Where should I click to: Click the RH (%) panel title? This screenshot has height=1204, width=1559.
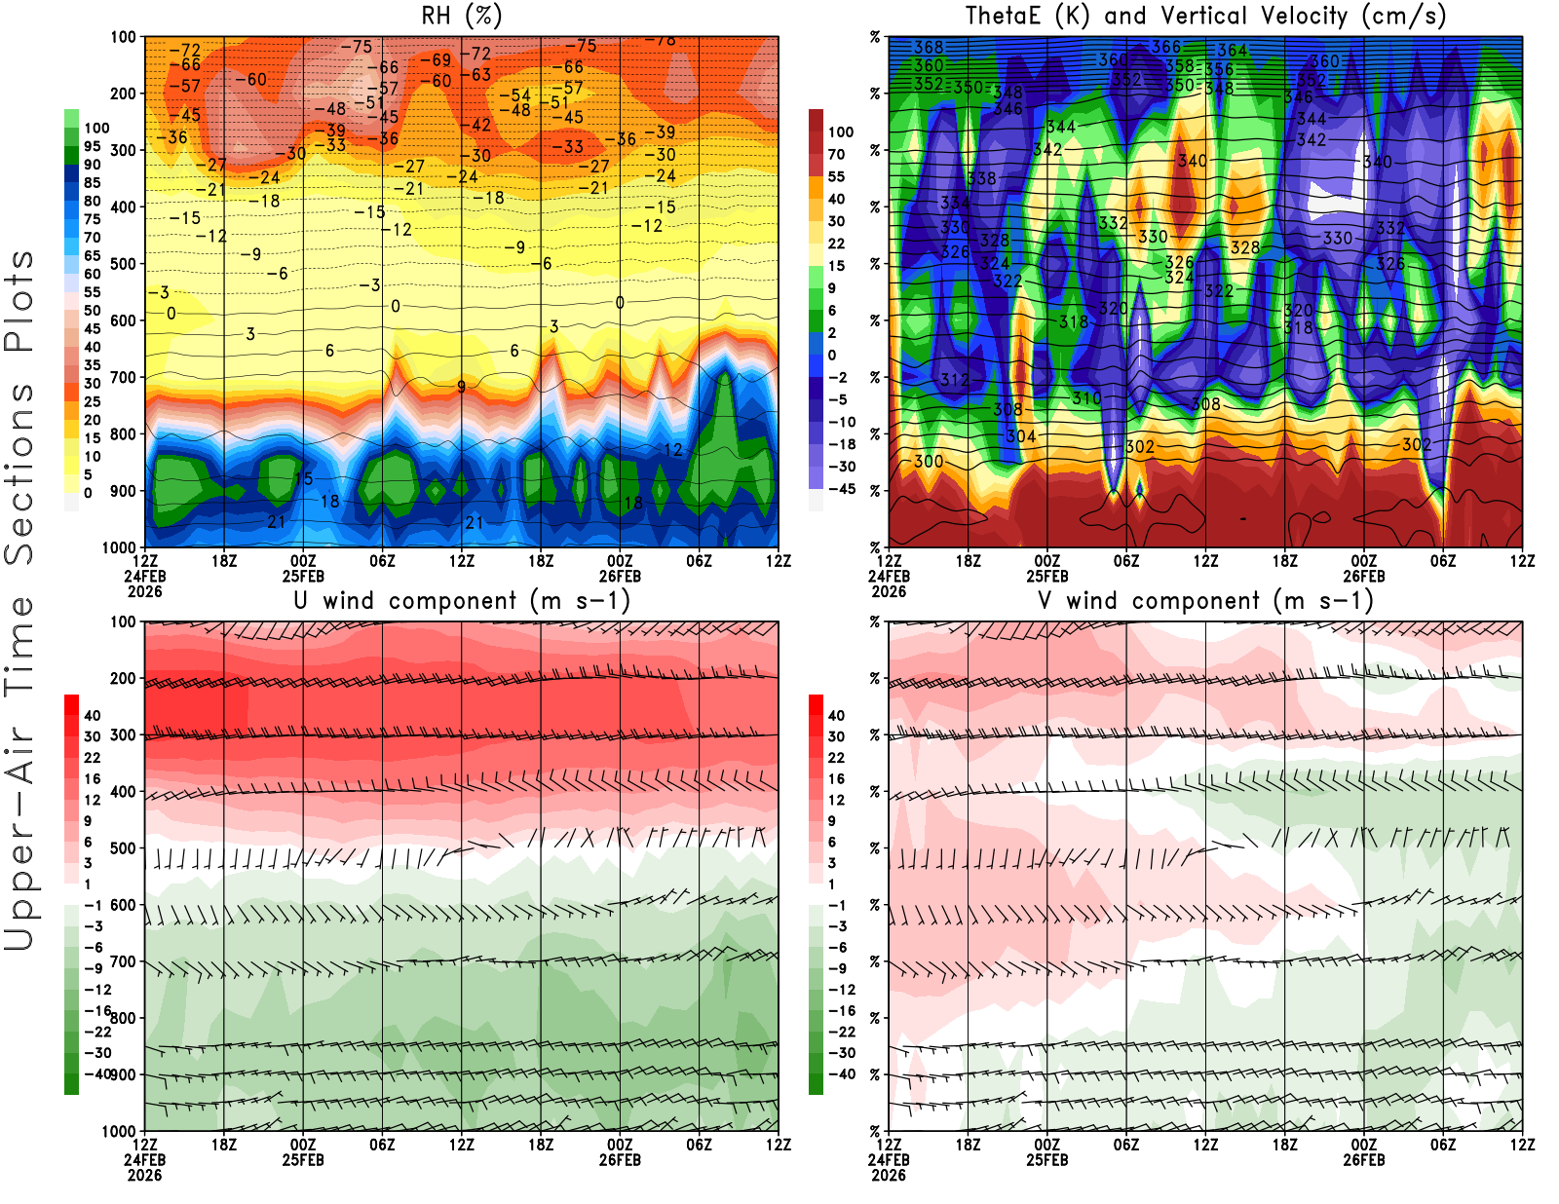(461, 16)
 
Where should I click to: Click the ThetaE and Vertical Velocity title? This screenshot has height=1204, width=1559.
(1205, 16)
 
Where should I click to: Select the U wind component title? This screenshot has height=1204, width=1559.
(461, 600)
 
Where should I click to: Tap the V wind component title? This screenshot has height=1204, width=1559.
(1205, 600)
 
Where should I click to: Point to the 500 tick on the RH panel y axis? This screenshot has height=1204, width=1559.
(123, 263)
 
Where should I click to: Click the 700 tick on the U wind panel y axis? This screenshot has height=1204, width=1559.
(123, 961)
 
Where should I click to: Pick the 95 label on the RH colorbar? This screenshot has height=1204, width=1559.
(93, 146)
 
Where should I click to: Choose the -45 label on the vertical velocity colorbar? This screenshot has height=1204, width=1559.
(840, 489)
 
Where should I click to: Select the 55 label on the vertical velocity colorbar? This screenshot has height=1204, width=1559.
(836, 176)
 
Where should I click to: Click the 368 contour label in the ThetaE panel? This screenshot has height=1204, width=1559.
(929, 47)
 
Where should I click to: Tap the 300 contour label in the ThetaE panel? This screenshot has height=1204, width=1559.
(929, 461)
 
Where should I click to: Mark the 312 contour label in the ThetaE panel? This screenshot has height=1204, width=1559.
(955, 380)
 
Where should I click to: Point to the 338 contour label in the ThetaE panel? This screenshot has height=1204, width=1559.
(982, 178)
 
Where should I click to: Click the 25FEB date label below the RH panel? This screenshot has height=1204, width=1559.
(303, 576)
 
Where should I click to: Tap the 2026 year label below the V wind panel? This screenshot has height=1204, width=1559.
(889, 1175)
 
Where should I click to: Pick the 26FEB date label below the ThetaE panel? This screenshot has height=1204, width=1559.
(1364, 576)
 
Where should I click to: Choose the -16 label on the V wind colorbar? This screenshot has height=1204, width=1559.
(841, 1010)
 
